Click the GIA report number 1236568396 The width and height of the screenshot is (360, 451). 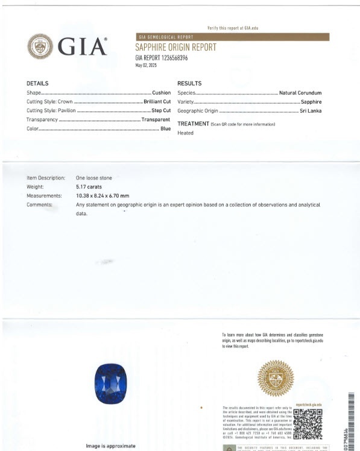(x=162, y=58)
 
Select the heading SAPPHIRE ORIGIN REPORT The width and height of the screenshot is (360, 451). (x=175, y=48)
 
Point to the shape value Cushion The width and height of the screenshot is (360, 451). (x=161, y=93)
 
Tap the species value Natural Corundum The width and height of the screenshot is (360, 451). (x=300, y=93)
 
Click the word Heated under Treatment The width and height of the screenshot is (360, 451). (x=185, y=133)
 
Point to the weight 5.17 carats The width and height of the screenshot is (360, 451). (x=89, y=187)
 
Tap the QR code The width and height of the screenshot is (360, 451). (x=308, y=424)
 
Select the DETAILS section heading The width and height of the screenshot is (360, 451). (x=37, y=83)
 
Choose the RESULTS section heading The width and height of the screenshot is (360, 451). (x=189, y=83)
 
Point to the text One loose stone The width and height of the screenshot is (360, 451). (x=94, y=178)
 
